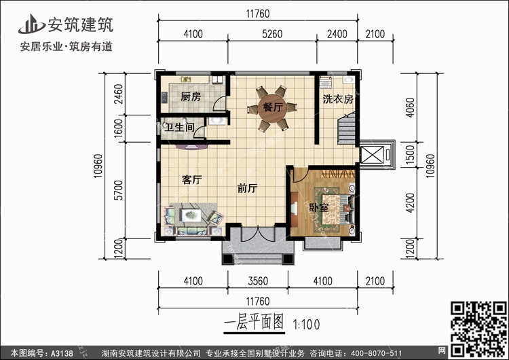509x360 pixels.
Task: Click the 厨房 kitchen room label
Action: (x=191, y=97)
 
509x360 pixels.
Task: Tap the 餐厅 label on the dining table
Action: (x=272, y=107)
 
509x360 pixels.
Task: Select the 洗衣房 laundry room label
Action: (x=337, y=99)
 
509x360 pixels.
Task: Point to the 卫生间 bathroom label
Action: (x=181, y=127)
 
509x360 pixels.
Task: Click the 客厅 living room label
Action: (x=193, y=180)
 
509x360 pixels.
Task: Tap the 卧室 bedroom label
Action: (x=319, y=208)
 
